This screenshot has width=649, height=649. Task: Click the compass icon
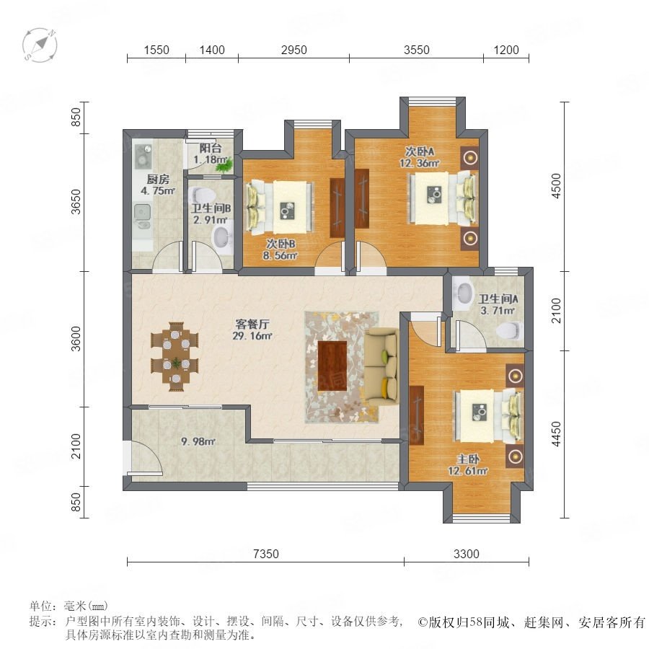pyautogui.click(x=40, y=45)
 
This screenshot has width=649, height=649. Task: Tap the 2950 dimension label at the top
pyautogui.click(x=294, y=50)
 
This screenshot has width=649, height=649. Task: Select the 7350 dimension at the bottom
pyautogui.click(x=265, y=554)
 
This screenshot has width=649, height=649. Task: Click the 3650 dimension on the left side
pyautogui.click(x=76, y=202)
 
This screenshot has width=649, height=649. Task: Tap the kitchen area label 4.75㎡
pyautogui.click(x=158, y=191)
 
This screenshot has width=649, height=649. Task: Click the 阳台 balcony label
pyautogui.click(x=211, y=148)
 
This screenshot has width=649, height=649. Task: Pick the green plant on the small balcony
pyautogui.click(x=224, y=166)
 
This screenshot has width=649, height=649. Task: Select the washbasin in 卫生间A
pyautogui.click(x=463, y=293)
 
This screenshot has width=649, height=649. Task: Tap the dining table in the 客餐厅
pyautogui.click(x=175, y=356)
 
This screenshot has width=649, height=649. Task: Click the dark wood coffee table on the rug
pyautogui.click(x=332, y=366)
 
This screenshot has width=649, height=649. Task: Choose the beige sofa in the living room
pyautogui.click(x=381, y=368)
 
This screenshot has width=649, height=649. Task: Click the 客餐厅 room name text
pyautogui.click(x=252, y=324)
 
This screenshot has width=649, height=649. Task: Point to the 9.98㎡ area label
pyautogui.click(x=198, y=441)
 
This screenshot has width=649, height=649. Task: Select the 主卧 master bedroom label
pyautogui.click(x=468, y=459)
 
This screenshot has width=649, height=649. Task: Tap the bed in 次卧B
pyautogui.click(x=280, y=206)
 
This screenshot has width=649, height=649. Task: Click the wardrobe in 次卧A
pyautogui.click(x=362, y=198)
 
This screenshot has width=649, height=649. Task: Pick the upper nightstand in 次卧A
pyautogui.click(x=469, y=158)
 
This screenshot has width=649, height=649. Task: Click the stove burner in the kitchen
pyautogui.click(x=143, y=156)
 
